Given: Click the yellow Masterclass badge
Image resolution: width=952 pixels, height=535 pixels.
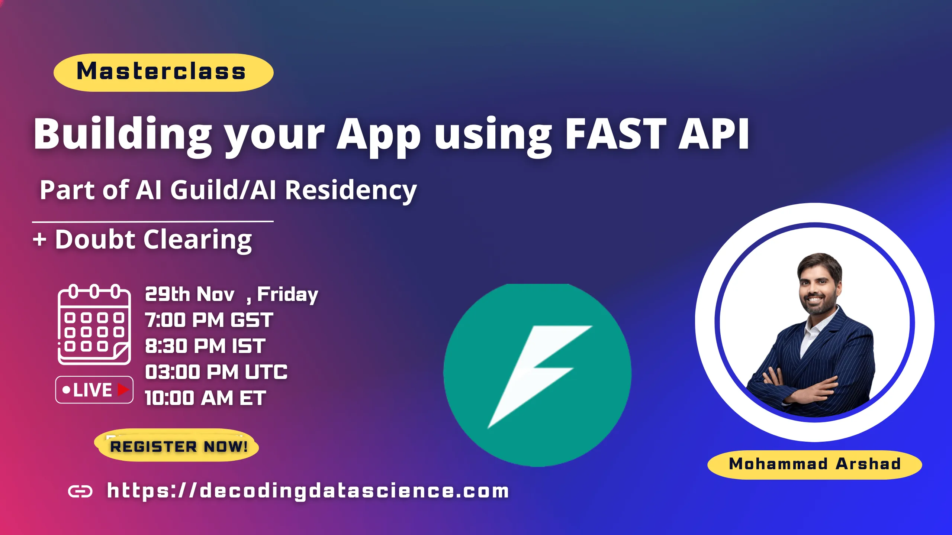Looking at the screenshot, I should (x=164, y=72).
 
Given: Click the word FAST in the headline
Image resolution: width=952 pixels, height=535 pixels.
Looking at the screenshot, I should (x=616, y=134).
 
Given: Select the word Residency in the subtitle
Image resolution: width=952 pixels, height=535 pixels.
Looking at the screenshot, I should (x=350, y=190).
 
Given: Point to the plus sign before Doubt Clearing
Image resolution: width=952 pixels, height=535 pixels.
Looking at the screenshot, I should (x=40, y=239).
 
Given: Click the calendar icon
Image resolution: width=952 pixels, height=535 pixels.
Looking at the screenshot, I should (x=94, y=324).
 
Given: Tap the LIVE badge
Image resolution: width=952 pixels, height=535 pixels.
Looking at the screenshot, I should (x=94, y=390).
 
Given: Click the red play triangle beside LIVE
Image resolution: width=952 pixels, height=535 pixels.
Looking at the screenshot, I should (x=123, y=390).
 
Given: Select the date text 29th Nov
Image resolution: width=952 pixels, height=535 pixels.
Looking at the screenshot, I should (x=190, y=295).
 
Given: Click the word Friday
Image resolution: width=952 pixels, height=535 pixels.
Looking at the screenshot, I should (x=287, y=295).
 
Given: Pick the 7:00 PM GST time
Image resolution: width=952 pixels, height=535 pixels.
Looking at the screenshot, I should (x=209, y=320).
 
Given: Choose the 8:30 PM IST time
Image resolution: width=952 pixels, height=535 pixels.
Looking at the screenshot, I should (x=205, y=346).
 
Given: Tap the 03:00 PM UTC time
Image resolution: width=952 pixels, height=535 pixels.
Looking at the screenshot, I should (x=216, y=372).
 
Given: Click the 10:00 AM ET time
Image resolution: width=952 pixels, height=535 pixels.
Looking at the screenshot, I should (x=205, y=398).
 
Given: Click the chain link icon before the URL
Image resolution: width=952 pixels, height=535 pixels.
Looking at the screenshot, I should (x=80, y=492).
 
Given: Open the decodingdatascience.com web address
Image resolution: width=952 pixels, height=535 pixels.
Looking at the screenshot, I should (x=308, y=491).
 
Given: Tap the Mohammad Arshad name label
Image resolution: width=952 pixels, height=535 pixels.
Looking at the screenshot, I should (x=814, y=464).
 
